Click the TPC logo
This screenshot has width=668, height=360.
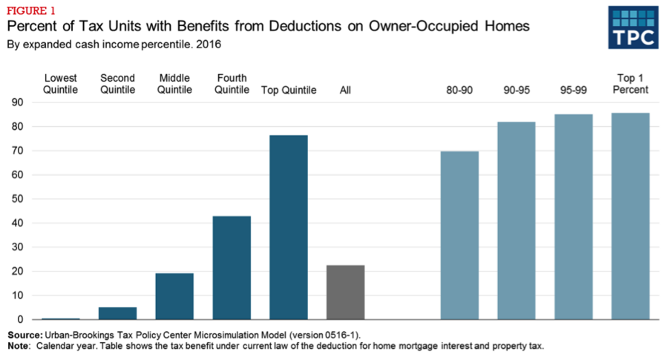[x=632, y=27]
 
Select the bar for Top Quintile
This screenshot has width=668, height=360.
[x=289, y=227]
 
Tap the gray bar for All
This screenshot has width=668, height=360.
[x=346, y=292]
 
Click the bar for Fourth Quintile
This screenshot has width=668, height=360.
[x=232, y=267]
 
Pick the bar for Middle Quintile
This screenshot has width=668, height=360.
[x=174, y=296]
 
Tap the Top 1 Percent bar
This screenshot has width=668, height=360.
[x=631, y=216]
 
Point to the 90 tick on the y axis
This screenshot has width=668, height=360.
[x=17, y=102]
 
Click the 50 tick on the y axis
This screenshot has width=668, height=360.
[x=17, y=199]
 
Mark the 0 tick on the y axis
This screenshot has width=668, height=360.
[x=19, y=320]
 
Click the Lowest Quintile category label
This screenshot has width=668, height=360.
[x=60, y=84]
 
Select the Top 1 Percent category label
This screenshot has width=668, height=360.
[x=631, y=84]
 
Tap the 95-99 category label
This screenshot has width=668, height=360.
[x=574, y=90]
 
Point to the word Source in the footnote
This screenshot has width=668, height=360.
[x=25, y=336]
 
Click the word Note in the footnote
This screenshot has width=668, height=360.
[x=19, y=346]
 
